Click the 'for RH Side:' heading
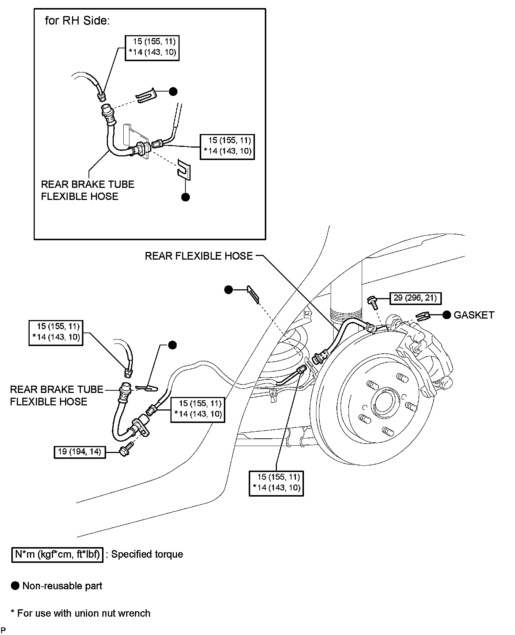point(77,21)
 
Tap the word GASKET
point(474,315)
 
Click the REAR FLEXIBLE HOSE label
point(199,256)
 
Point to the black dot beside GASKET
point(447,315)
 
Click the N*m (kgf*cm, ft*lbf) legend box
point(57,554)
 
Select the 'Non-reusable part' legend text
point(62,586)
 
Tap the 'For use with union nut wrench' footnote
point(83,613)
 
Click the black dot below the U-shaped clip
point(185,197)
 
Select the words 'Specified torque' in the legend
point(147,554)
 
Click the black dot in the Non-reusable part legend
point(15,586)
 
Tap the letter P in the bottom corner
point(3,630)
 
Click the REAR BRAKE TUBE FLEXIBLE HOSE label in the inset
point(87,190)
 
